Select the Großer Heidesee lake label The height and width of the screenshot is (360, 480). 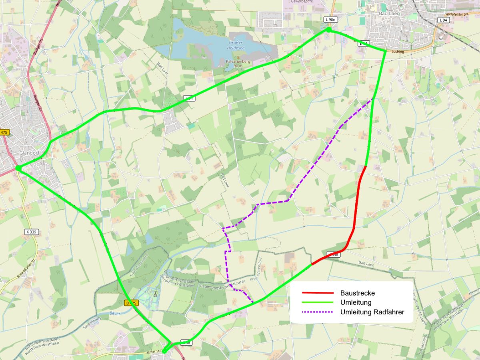pyautogui.click(x=236, y=45)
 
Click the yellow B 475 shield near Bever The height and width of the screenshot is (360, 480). pyautogui.click(x=131, y=303)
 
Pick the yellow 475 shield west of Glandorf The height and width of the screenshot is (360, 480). pyautogui.click(x=4, y=132)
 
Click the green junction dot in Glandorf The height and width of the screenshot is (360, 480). pyautogui.click(x=18, y=168)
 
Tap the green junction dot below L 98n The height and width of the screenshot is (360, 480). pyautogui.click(x=329, y=30)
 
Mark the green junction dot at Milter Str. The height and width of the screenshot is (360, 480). pyautogui.click(x=164, y=351)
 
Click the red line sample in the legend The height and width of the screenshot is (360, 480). pyautogui.click(x=318, y=293)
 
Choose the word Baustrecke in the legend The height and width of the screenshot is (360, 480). pyautogui.click(x=357, y=293)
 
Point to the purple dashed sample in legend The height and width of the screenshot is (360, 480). pyautogui.click(x=318, y=312)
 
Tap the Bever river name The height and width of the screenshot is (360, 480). pyautogui.click(x=115, y=313)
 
